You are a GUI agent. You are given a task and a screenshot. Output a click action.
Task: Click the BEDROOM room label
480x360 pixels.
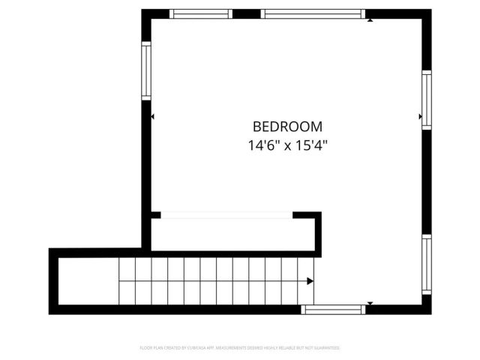287,127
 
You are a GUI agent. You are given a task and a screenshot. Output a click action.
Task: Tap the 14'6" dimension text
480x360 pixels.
263,145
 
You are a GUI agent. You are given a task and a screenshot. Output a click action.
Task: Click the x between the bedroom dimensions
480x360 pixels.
288,146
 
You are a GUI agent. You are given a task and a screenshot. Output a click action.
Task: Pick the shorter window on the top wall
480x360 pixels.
200,13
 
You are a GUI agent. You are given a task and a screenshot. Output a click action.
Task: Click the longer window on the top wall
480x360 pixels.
313,13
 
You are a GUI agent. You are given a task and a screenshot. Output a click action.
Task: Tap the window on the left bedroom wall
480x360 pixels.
146,70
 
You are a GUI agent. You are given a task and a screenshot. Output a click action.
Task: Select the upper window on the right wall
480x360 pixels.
426,100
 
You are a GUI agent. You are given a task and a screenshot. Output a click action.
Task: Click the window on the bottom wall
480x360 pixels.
334,309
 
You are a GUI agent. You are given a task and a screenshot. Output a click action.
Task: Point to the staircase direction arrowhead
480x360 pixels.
310,281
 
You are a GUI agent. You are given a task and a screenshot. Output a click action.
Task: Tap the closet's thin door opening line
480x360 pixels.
226,215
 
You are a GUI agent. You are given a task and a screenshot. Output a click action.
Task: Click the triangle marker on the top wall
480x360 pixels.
370,20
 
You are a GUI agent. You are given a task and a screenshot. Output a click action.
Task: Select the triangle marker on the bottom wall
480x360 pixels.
369,303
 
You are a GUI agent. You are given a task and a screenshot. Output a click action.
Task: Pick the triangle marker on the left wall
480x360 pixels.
153,117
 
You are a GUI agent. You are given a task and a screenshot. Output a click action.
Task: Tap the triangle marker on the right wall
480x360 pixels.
420,117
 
